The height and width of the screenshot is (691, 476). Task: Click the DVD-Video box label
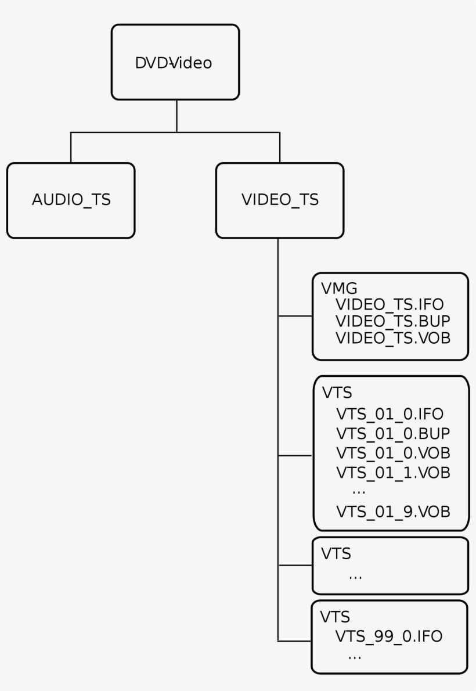pyautogui.click(x=174, y=63)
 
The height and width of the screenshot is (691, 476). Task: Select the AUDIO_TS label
pyautogui.click(x=71, y=200)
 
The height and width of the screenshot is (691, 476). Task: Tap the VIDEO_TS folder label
pyautogui.click(x=279, y=200)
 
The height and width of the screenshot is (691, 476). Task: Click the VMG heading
pyautogui.click(x=338, y=288)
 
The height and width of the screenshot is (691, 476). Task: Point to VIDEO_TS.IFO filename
pyautogui.click(x=390, y=305)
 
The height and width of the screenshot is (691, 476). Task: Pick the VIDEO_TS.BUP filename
pyautogui.click(x=393, y=321)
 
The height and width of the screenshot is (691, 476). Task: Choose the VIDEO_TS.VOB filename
pyautogui.click(x=393, y=338)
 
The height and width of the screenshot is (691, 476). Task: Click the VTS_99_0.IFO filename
pyautogui.click(x=388, y=636)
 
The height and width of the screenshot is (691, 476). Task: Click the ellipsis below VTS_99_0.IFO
pyautogui.click(x=355, y=656)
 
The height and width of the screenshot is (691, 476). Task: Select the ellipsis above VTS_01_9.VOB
pyautogui.click(x=359, y=491)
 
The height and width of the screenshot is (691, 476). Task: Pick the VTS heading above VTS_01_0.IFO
pyautogui.click(x=337, y=393)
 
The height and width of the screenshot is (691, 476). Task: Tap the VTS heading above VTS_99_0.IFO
pyautogui.click(x=336, y=616)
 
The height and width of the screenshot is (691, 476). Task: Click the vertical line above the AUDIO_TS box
pyautogui.click(x=71, y=147)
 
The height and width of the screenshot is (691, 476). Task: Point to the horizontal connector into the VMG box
pyautogui.click(x=295, y=316)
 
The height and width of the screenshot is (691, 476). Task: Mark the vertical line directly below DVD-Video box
pyautogui.click(x=176, y=116)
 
